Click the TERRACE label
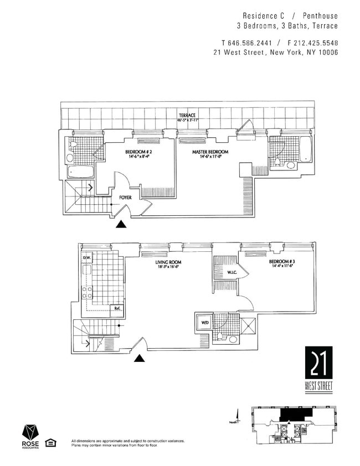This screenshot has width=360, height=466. click(x=186, y=115)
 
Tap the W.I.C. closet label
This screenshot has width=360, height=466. click(x=232, y=272)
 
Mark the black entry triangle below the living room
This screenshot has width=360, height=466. click(x=140, y=358)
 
